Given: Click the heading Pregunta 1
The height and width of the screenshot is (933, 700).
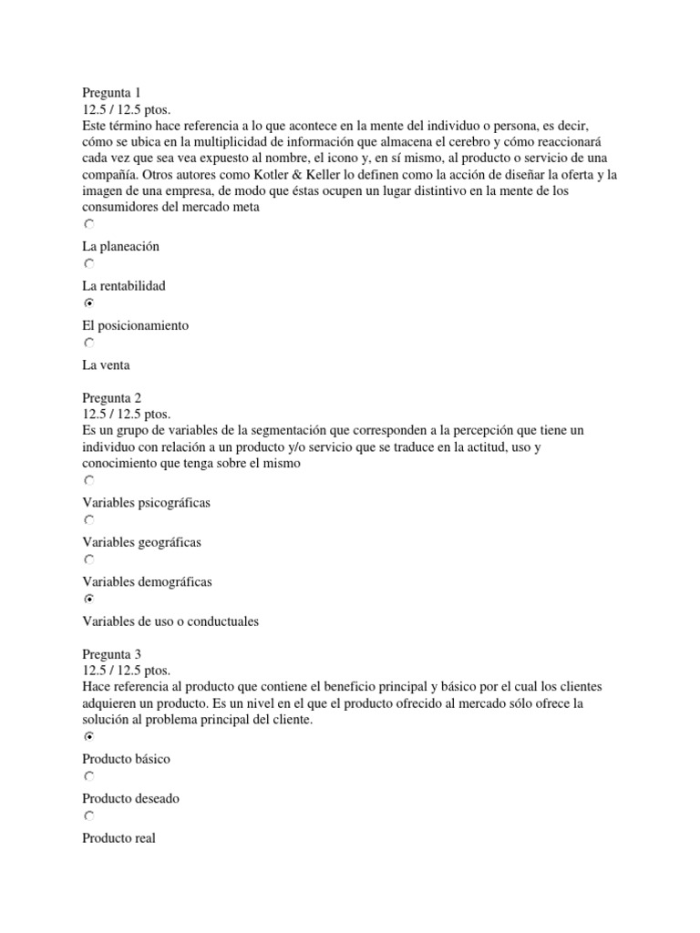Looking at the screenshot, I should coord(111,92).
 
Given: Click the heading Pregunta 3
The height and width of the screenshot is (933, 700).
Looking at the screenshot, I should coord(111,654).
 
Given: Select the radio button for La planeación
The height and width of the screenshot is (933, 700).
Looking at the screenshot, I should coord(88,224).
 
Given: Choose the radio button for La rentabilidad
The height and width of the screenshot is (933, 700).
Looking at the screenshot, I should coord(88,263).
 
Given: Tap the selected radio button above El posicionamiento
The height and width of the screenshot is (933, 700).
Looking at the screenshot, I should coord(88,303).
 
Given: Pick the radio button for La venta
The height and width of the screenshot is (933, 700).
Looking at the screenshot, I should coord(88,343).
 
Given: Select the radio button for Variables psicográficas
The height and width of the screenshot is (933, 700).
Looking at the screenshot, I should coord(88,480).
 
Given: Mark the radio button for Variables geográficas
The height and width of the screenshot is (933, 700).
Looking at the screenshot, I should coord(88,520).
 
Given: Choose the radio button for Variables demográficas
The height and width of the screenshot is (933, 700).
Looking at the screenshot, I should coord(88,560).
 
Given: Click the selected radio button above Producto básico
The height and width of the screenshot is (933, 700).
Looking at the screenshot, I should coord(88,736).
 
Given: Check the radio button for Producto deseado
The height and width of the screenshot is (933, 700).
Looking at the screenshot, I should coord(88,776).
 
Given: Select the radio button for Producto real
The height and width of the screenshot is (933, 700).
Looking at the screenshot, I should coord(88,816).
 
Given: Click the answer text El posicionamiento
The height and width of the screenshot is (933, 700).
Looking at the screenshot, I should coord(135,325).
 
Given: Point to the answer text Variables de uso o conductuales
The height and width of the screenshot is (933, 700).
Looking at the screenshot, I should coord(170,621).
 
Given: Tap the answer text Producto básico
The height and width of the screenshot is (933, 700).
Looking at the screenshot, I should coord(126,758).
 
